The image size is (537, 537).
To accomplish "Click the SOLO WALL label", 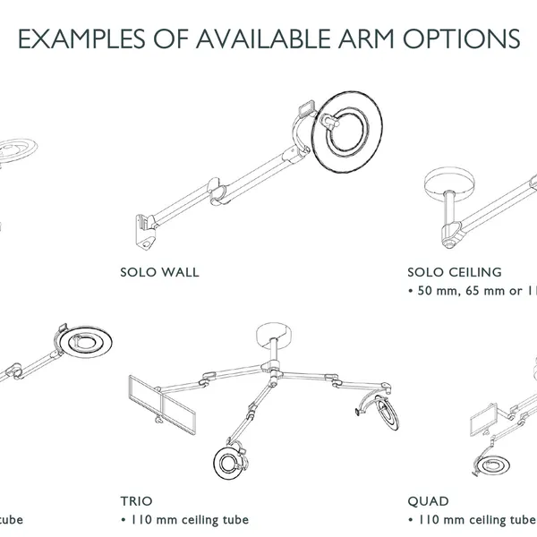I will point(159,272).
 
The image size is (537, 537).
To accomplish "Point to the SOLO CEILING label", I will point(454,272).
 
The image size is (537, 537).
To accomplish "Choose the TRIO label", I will point(136,502).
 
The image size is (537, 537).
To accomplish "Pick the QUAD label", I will point(428,502).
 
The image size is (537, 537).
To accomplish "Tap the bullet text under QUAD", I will point(471,520).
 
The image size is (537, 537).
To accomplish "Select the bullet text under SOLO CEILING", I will point(471,291).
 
